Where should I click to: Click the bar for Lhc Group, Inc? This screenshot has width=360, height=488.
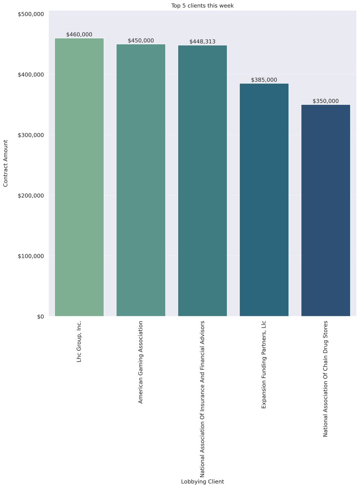click(79, 177)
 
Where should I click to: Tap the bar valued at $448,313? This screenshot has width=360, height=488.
click(203, 181)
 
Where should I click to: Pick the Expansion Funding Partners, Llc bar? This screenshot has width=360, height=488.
click(264, 200)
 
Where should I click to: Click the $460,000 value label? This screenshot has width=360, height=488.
click(79, 35)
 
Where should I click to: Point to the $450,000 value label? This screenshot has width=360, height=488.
click(141, 41)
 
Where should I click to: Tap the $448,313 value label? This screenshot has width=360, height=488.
click(203, 41)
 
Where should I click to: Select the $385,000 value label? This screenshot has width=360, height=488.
click(264, 80)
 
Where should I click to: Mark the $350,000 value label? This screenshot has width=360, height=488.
click(325, 101)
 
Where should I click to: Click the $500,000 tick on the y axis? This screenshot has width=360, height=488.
click(31, 14)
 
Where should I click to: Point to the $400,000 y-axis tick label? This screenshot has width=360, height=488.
click(31, 75)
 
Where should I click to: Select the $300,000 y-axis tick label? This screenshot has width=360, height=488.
click(31, 135)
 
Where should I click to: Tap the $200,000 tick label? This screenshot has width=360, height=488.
click(31, 196)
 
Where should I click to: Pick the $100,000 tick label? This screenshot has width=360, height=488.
click(31, 256)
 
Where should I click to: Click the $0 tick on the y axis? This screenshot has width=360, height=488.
click(40, 316)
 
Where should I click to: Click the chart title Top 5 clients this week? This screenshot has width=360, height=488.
click(203, 6)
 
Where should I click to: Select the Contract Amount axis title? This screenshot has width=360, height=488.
click(6, 163)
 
